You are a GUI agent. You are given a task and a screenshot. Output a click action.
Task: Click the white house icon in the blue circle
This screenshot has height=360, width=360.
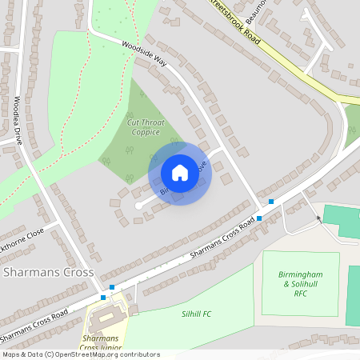[x=180, y=173]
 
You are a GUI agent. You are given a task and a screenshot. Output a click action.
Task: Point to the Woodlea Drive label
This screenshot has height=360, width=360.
[x=18, y=121]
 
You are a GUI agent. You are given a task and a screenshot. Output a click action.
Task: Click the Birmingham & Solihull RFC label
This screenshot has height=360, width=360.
[x=301, y=284]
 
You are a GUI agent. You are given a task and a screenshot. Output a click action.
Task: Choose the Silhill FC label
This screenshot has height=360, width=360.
[x=196, y=314]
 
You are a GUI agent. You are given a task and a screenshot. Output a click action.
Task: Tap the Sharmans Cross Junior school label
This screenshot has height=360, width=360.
[x=101, y=344]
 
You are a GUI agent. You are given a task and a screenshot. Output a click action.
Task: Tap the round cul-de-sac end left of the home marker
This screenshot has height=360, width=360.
[x=138, y=206]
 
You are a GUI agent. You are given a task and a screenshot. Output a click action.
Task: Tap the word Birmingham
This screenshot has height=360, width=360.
[x=301, y=274]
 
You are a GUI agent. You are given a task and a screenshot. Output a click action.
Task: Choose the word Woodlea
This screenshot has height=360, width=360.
[x=17, y=109]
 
